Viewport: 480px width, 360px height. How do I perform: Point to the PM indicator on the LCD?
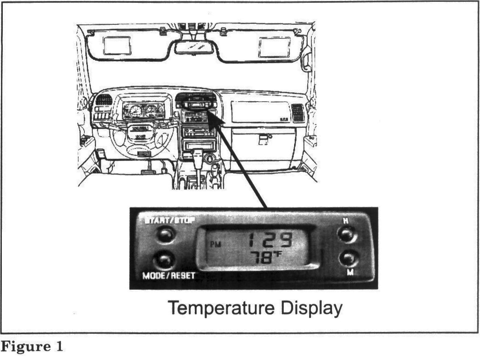tap(215, 244)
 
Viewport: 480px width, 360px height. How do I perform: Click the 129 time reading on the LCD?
tap(270, 241)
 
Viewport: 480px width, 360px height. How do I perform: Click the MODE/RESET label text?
tap(169, 276)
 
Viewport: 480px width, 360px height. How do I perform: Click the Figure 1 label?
tap(31, 347)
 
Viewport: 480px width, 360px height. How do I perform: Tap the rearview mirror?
tap(195, 47)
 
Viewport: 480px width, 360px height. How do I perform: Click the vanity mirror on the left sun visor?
tap(117, 45)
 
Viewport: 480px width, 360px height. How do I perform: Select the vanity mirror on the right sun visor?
tap(274, 47)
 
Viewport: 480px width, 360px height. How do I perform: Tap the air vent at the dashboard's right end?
tap(297, 112)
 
